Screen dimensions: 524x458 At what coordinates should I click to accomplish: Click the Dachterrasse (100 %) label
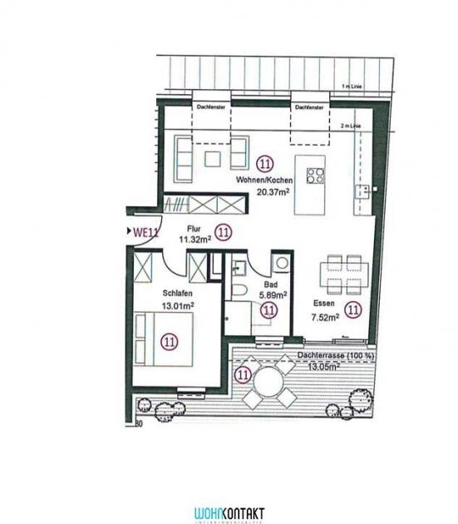(x=333, y=355)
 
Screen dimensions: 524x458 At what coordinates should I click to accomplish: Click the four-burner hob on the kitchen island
(x=316, y=175)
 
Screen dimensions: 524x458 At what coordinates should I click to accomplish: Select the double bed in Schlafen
(x=170, y=340)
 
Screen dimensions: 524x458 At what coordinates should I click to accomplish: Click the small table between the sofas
(x=214, y=157)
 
